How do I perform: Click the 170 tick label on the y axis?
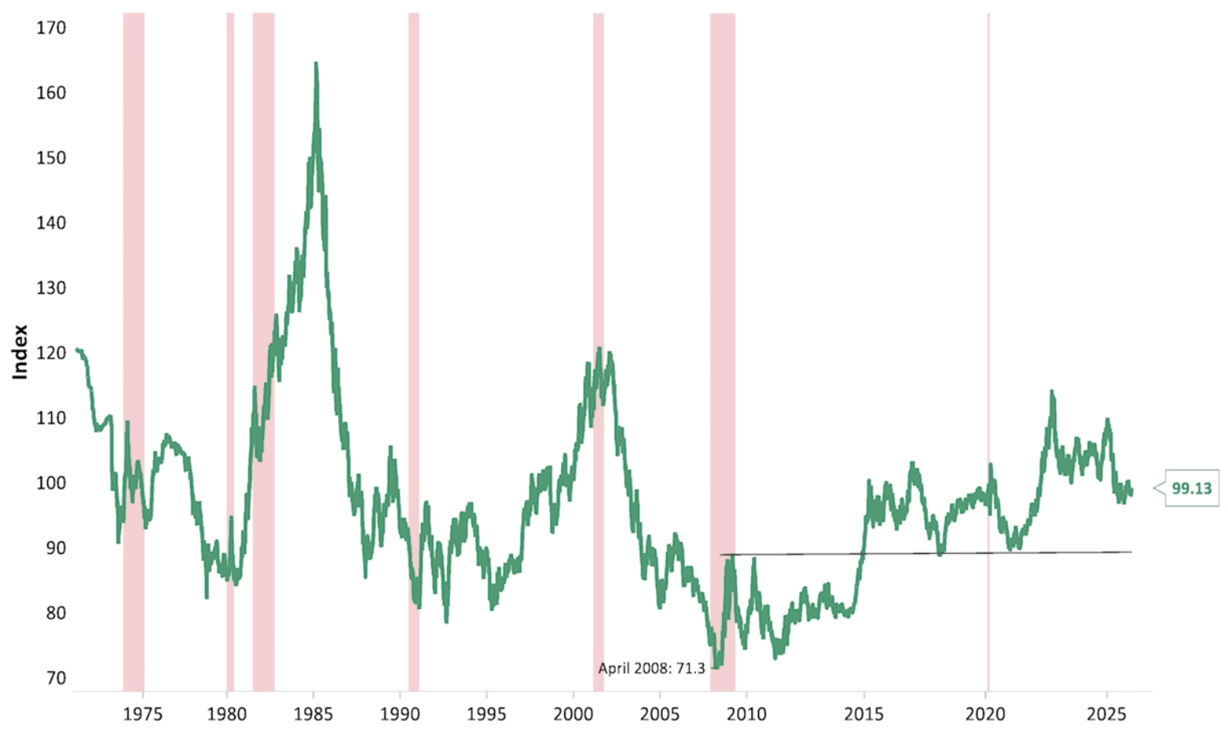51,28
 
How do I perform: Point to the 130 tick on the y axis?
51,288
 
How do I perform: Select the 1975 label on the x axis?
143,715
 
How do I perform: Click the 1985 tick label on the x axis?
314,715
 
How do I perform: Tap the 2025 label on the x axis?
1107,715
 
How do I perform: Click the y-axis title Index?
20,352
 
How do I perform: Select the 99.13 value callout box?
1191,488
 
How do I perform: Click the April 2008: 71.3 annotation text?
651,669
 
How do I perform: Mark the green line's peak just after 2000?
600,350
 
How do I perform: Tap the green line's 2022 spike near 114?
1051,392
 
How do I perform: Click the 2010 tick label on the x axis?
746,715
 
